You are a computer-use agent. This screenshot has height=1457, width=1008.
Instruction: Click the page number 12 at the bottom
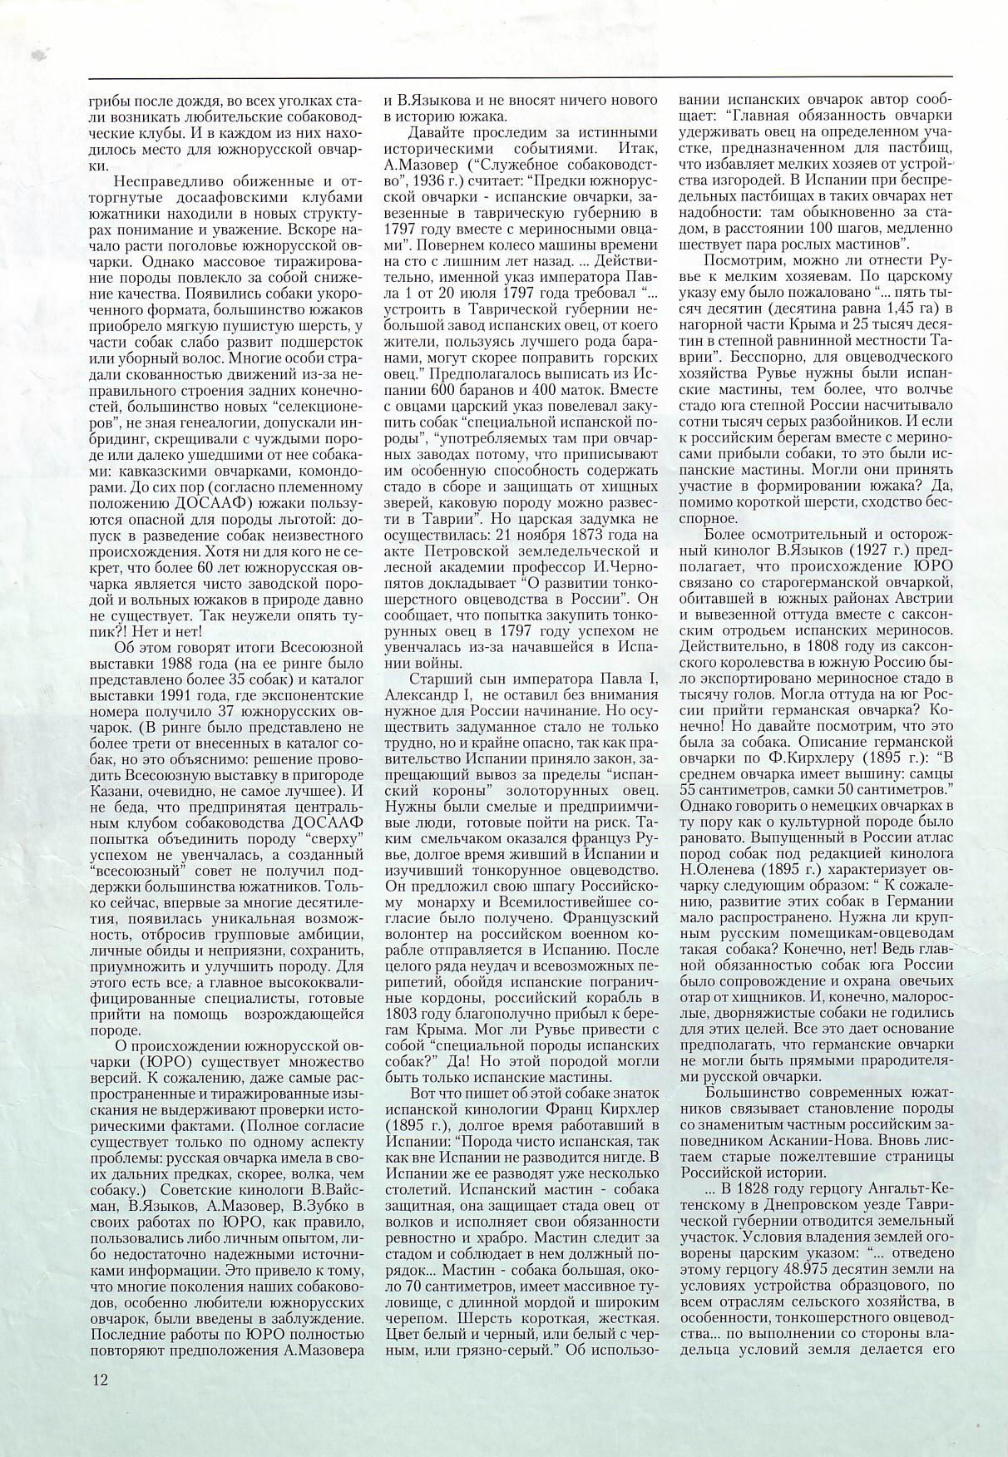pyautogui.click(x=101, y=1380)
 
